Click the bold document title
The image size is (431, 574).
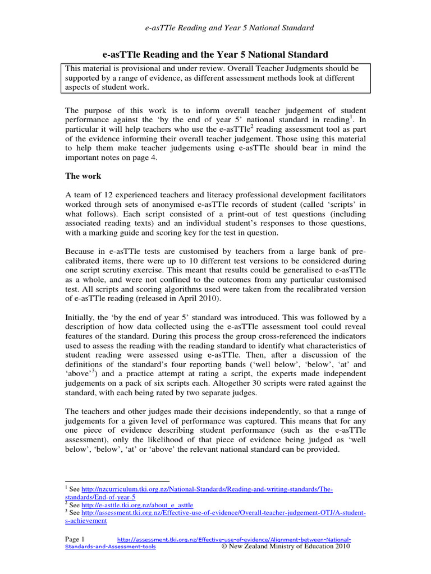(x=215, y=54)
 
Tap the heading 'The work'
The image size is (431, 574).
(x=83, y=176)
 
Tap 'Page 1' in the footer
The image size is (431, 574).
(x=79, y=539)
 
